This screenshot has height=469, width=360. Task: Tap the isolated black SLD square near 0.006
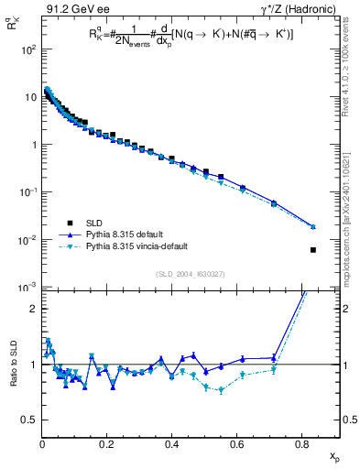click(313, 250)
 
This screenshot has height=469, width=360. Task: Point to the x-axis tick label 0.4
click(171, 446)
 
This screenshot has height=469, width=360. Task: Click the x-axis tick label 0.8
click(301, 446)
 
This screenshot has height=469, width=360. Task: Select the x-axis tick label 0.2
click(106, 446)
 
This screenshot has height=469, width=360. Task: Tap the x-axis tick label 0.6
click(236, 446)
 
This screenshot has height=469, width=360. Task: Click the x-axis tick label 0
click(42, 446)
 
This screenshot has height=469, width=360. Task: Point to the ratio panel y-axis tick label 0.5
click(28, 420)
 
